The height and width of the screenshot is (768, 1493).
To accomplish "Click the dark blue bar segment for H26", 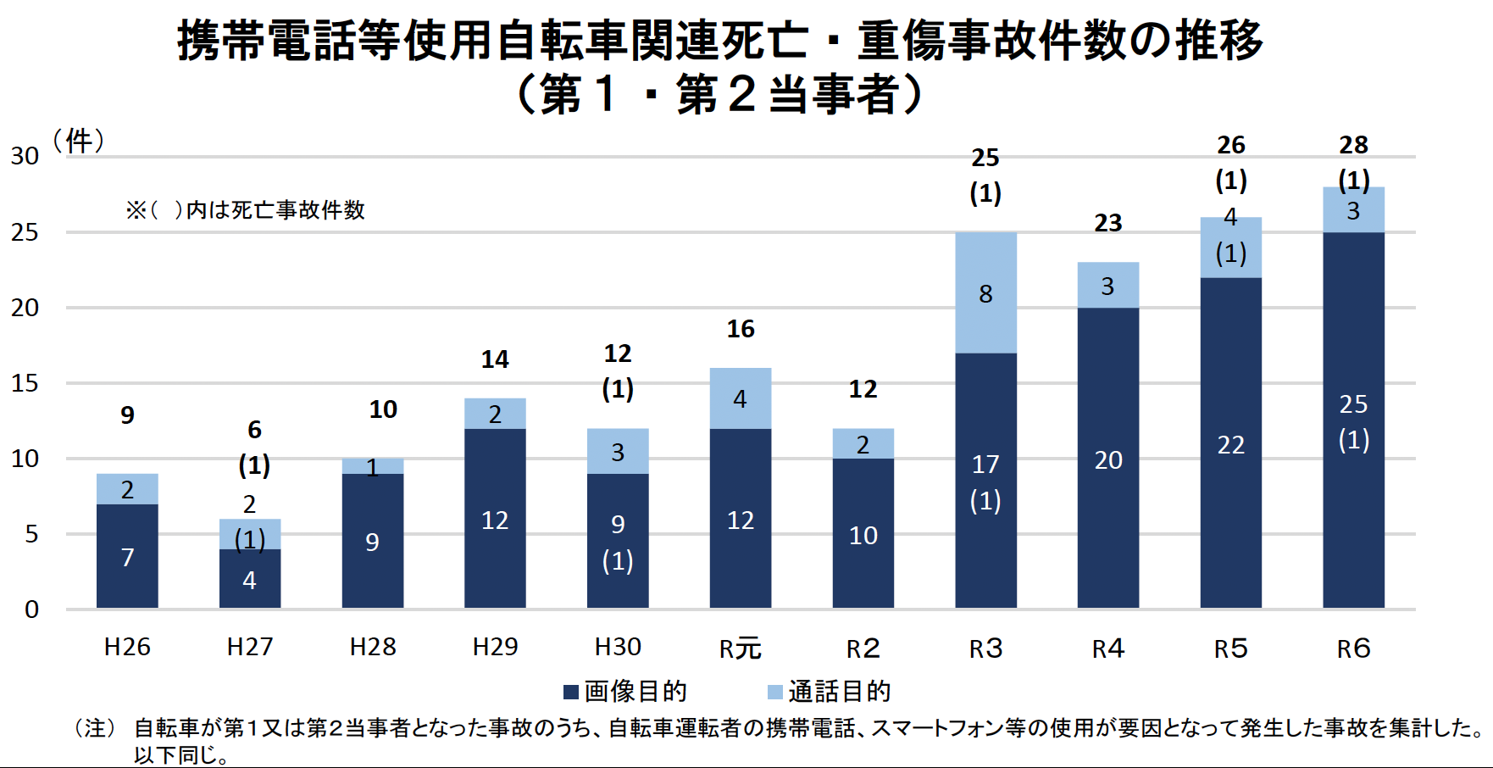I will [x=127, y=556].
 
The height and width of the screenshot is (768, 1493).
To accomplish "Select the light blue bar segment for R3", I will [x=985, y=292].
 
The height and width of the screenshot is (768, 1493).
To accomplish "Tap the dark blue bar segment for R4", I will [x=1107, y=458].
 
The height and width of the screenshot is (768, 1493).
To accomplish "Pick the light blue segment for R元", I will [x=740, y=398].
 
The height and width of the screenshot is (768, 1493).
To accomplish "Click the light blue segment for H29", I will [x=495, y=414].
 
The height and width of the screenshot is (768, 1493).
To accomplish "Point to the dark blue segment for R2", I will [x=863, y=533].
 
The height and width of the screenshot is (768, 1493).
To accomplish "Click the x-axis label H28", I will [x=373, y=648].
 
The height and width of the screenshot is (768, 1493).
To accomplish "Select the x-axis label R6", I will [x=1353, y=648].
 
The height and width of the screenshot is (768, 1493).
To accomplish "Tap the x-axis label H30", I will [x=618, y=648].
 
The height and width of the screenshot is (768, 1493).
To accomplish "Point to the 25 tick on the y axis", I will [x=25, y=232].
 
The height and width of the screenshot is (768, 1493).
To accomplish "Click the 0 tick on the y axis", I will [x=31, y=609].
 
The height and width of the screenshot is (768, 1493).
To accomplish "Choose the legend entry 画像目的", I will [x=626, y=692].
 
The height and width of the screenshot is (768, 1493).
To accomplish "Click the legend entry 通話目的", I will [x=830, y=692].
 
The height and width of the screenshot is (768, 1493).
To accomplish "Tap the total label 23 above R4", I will [x=1107, y=223].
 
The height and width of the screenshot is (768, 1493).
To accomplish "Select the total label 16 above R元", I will [x=740, y=329].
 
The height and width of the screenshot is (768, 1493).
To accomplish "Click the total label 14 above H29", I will [x=495, y=359].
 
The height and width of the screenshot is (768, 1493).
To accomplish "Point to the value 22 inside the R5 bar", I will [x=1230, y=445].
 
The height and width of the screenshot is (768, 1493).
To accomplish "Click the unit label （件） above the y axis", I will [x=79, y=141].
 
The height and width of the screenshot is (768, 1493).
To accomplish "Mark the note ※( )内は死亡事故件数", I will [x=245, y=210].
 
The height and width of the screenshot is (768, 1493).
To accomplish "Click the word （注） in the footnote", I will [x=95, y=728].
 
